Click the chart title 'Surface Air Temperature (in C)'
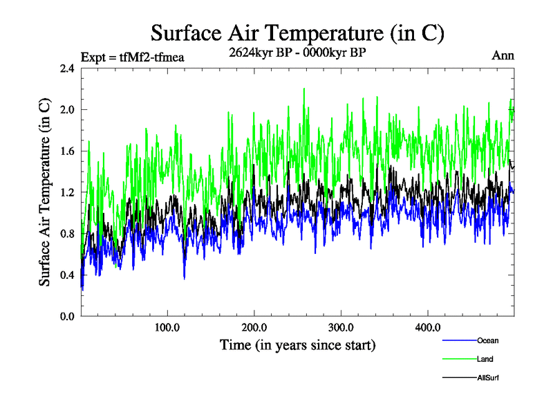pos(297,33)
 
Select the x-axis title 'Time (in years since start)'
pos(297,344)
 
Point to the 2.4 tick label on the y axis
pos(66,68)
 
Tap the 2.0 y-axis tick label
pos(66,109)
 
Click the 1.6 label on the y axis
pos(66,151)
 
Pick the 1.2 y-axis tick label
pos(66,192)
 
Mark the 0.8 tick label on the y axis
pos(66,234)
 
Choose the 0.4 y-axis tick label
pos(66,275)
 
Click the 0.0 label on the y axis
pos(66,316)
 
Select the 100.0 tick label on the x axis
pos(167,326)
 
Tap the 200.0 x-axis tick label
pos(254,326)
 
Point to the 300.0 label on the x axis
pos(341,326)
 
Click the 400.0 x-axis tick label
pos(428,326)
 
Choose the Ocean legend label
pos(487,340)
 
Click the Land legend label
pos(485,359)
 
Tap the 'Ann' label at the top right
pos(503,56)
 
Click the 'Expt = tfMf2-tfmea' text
pos(133,57)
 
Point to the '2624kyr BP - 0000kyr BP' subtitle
pos(297,53)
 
